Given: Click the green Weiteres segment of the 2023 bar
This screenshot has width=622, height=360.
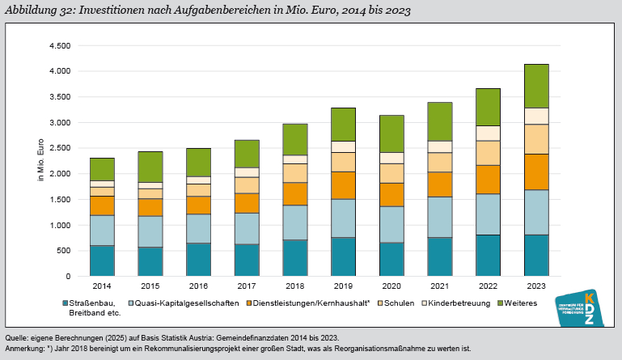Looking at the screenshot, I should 536,86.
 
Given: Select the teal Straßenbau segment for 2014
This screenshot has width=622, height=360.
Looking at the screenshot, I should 102,260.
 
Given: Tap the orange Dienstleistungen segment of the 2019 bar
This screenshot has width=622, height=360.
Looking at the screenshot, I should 343,185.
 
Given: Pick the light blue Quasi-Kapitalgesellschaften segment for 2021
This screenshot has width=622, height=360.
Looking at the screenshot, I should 439,217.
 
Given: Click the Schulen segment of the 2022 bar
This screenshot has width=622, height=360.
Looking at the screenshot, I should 488,153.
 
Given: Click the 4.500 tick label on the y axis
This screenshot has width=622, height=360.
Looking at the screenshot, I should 60,45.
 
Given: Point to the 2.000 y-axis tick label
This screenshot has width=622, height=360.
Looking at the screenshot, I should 60,174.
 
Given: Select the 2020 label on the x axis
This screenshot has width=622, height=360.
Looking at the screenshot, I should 391,286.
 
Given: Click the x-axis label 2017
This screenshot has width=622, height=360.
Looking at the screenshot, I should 247,286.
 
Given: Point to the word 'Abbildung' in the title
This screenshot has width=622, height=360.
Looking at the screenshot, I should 31,10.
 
